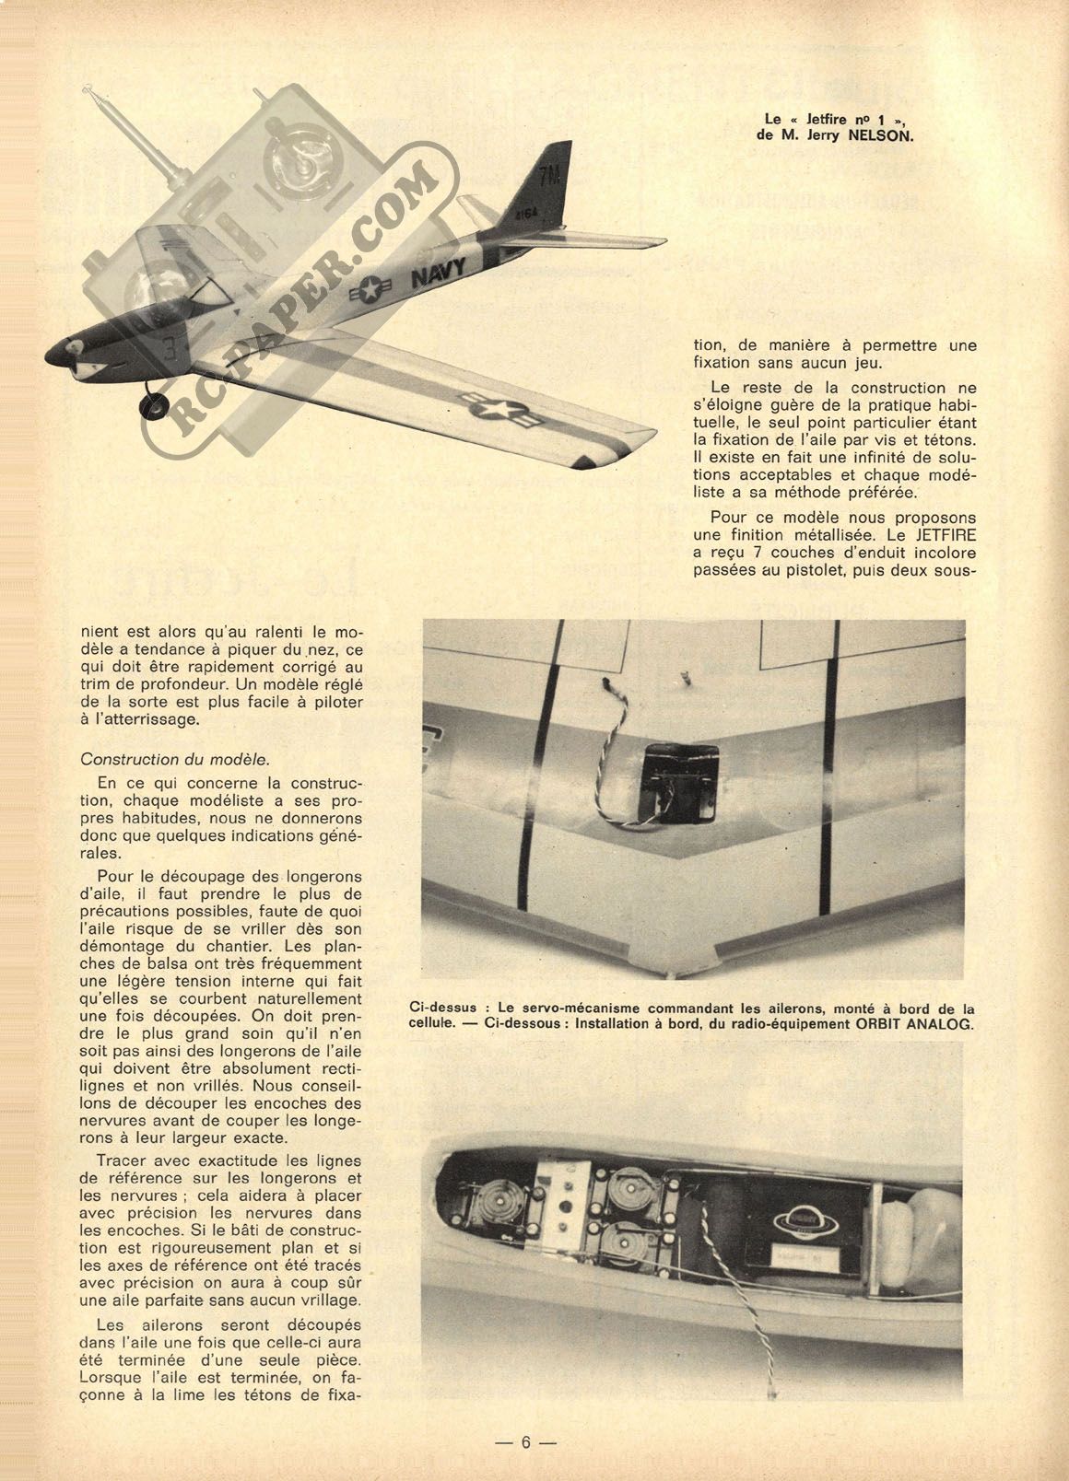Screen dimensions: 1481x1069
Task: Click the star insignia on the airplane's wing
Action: pos(490,412)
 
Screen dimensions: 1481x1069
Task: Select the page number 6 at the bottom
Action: pos(526,1441)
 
